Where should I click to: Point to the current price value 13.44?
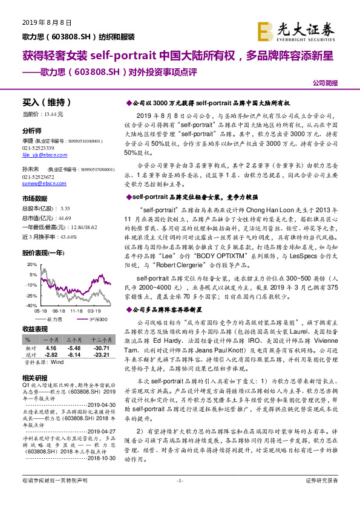[x=51, y=114]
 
